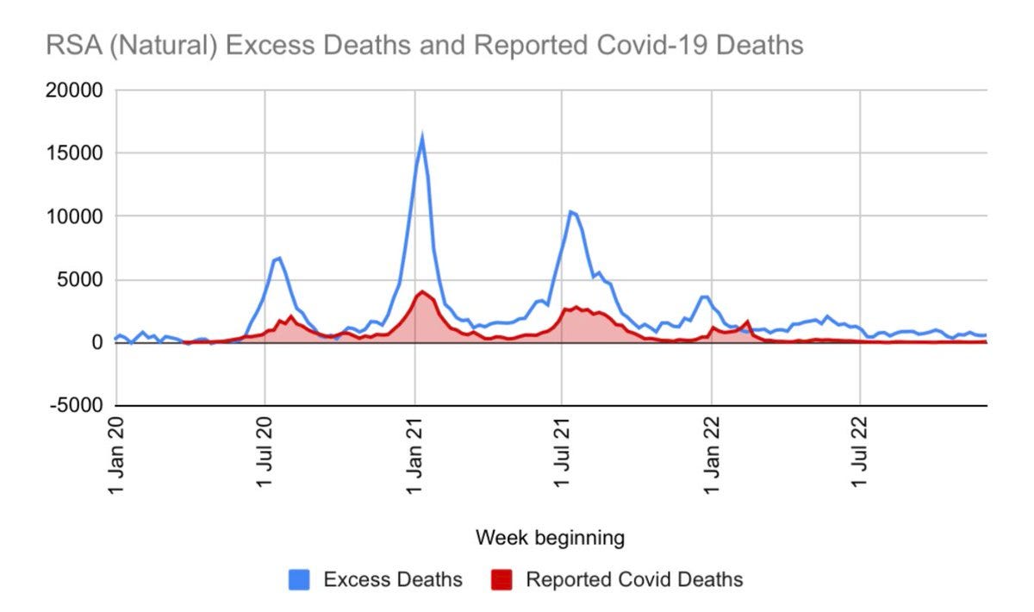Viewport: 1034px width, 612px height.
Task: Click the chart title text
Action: coord(424,44)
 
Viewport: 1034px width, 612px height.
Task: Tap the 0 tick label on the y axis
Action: coord(97,342)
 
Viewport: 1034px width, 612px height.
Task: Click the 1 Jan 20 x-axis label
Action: coord(116,456)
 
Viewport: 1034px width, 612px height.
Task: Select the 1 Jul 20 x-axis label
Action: coord(265,456)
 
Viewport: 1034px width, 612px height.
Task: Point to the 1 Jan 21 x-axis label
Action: coord(414,456)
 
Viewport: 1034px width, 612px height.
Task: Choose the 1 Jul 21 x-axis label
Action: coord(563,456)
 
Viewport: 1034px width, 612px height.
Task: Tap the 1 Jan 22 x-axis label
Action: coord(713,456)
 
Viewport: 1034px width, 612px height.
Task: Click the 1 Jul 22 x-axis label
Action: coord(861,456)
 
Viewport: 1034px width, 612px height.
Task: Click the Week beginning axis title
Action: coord(550,538)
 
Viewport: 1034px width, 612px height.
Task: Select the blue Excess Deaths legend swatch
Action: coord(300,579)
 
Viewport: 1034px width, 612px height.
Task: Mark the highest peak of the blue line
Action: coord(422,136)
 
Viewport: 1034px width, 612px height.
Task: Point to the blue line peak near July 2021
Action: coord(570,211)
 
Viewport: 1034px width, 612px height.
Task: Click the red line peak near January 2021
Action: coord(422,291)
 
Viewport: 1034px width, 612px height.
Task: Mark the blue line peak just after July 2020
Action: coord(279,257)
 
